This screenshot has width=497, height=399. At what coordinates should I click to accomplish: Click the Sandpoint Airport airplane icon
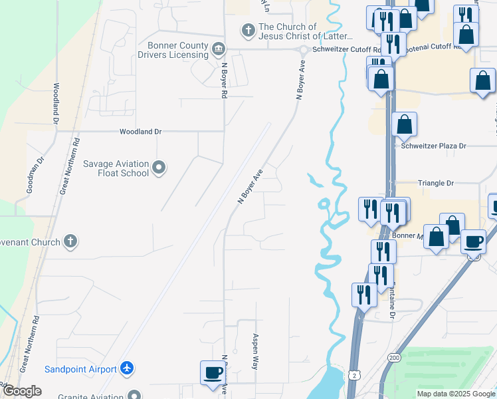click(127, 368)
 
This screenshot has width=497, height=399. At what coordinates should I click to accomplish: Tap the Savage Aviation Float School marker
click(159, 168)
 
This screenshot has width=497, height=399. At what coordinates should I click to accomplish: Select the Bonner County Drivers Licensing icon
click(217, 49)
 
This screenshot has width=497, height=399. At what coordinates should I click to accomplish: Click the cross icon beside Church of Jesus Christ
click(248, 31)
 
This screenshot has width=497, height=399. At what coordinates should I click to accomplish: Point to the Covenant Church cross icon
click(71, 242)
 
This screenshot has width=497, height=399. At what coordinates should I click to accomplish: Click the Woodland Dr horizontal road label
click(140, 132)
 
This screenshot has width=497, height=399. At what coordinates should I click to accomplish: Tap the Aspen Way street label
click(254, 352)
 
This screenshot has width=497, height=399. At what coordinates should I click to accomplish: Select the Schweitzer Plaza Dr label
click(434, 146)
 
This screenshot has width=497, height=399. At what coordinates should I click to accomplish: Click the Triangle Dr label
click(435, 183)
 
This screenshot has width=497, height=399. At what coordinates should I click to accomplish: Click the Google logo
click(21, 391)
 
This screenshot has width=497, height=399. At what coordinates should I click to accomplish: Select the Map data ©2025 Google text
click(455, 394)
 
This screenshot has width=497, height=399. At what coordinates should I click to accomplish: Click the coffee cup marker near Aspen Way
click(213, 372)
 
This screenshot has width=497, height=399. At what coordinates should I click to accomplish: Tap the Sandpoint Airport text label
click(80, 369)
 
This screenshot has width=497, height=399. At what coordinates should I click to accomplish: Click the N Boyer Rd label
click(225, 81)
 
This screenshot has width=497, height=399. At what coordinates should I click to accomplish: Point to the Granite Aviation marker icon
click(136, 395)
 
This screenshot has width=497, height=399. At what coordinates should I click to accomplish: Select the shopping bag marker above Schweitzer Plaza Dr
click(404, 124)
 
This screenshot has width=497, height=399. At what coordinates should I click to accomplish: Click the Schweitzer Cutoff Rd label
click(345, 50)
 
